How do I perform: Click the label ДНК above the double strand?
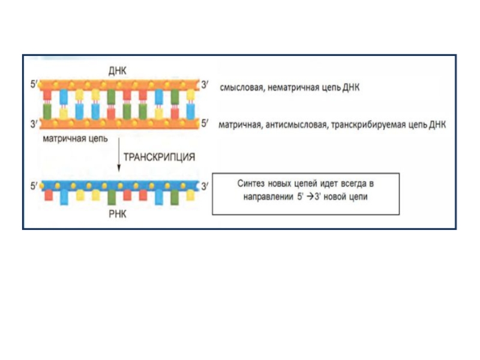[x=118, y=71]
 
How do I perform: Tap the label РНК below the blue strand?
[x=118, y=214]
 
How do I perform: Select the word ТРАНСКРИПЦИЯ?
[x=160, y=156]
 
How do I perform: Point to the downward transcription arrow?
[x=119, y=155]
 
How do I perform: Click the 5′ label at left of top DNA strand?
[x=34, y=85]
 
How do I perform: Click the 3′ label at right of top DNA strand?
[x=205, y=85]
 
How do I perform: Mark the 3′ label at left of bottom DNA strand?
[x=34, y=124]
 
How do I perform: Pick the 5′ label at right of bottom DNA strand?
[x=205, y=124]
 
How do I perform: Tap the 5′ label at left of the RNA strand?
[x=34, y=186]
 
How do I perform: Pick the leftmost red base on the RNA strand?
[x=49, y=196]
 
